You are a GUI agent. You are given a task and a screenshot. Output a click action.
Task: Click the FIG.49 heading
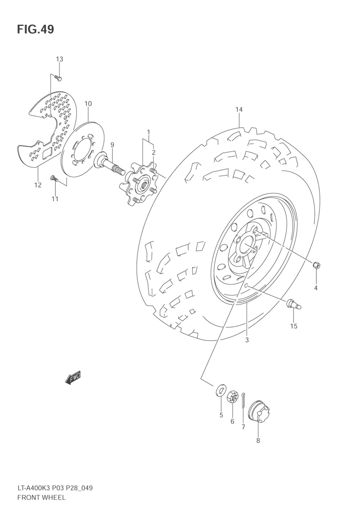tap(35, 29)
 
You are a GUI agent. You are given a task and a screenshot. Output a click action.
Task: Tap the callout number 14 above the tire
tap(239, 109)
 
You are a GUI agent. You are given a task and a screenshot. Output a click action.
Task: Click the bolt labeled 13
tap(59, 78)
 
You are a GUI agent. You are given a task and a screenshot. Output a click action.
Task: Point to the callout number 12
tap(38, 185)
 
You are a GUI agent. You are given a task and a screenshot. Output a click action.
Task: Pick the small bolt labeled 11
tap(54, 178)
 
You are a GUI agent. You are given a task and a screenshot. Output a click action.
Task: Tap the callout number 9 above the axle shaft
tap(112, 145)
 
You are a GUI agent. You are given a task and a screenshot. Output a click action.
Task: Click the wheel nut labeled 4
tap(316, 264)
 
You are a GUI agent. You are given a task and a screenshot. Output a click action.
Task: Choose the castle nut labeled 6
tap(232, 397)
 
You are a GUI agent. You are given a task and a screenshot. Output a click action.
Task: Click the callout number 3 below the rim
tap(247, 340)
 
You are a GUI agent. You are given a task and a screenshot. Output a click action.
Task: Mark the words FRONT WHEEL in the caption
tap(41, 497)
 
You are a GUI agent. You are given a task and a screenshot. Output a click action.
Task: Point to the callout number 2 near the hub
tap(154, 152)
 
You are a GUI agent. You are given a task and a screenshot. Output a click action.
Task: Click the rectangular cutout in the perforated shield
tap(48, 153)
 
